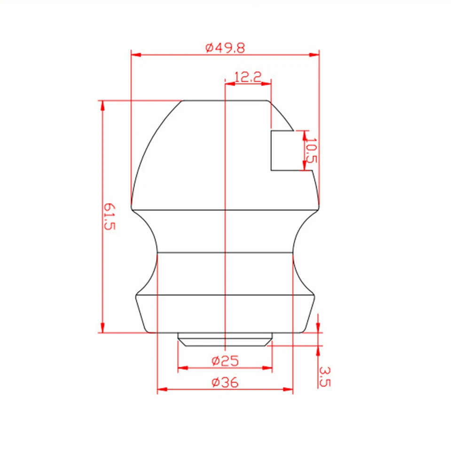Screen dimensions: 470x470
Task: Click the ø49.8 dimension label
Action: pos(225,48)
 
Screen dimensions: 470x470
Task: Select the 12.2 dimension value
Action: pos(248,77)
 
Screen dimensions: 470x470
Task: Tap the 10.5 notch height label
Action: pos(312,150)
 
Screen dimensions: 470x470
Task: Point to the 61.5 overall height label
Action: pos(109,216)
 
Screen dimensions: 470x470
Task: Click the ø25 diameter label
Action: pos(225,361)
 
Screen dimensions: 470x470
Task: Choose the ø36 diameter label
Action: pos(225,383)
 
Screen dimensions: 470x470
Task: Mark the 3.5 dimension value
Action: pos(324,376)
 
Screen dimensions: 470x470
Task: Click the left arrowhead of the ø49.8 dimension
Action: pos(136,55)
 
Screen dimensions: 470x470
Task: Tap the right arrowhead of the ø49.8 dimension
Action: pos(314,55)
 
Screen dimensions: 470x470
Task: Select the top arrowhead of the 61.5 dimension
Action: pos(103,105)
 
